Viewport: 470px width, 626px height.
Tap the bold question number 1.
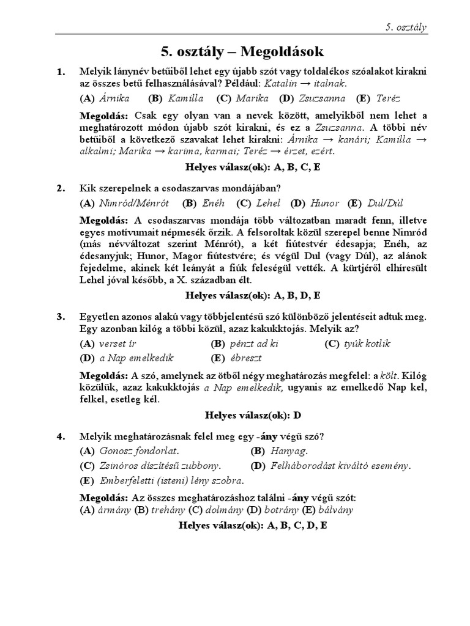tap(61, 72)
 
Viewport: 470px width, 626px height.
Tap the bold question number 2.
tap(61, 188)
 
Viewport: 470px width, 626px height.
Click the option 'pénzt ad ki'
tap(245, 344)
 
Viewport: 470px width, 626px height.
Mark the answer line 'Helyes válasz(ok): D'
tap(252, 415)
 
